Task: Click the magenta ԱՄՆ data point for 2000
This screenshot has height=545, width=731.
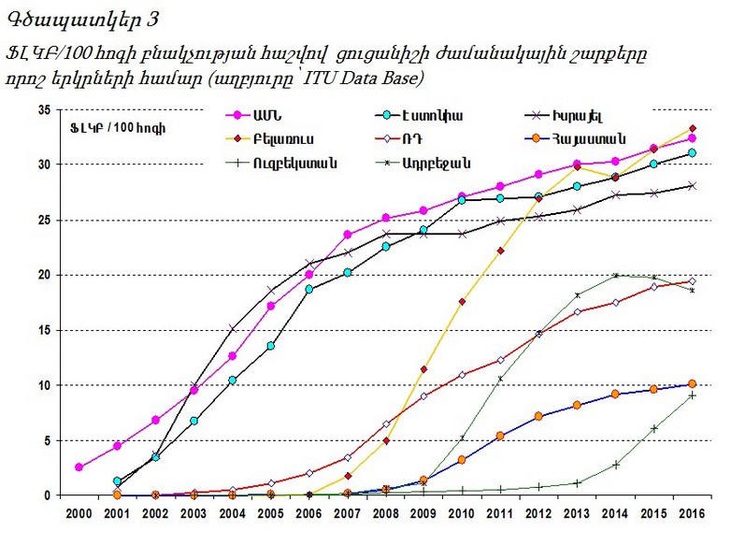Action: [79, 466]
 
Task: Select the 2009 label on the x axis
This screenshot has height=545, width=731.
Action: [423, 514]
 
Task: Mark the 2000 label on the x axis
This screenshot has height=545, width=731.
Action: [79, 514]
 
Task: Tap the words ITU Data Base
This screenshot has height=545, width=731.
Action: [367, 76]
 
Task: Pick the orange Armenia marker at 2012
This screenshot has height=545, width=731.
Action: [537, 416]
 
